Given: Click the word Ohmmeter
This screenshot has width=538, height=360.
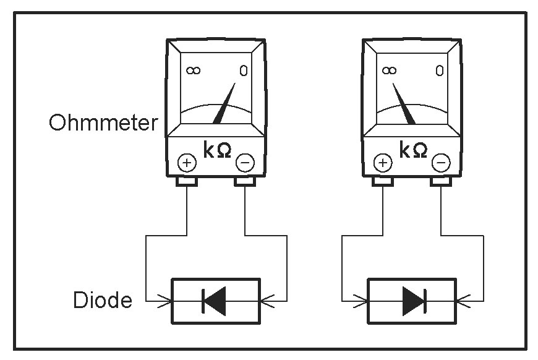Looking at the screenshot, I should point(103,122).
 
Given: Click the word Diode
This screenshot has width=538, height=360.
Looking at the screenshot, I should point(103,301).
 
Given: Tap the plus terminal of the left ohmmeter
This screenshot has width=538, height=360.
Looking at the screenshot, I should point(187,163).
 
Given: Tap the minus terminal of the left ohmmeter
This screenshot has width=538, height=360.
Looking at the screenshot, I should point(245,163).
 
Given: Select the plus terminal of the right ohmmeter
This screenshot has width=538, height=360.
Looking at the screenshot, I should point(383,163).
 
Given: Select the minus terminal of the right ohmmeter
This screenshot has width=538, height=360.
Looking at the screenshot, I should point(441,163).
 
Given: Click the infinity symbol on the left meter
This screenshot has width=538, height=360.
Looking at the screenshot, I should point(193,71).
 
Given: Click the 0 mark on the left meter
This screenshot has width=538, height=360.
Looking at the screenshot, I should point(242,71).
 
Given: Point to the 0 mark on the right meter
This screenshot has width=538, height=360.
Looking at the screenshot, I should point(439,71).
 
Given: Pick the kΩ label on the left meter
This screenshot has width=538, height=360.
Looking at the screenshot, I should point(217,150).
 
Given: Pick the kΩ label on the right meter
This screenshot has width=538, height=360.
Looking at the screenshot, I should point(412,150).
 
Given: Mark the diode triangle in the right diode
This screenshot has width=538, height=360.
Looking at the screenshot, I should point(412,301).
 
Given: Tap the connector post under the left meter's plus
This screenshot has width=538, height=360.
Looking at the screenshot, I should point(187,182).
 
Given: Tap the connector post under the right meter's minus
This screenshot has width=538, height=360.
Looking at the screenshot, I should point(442,182).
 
